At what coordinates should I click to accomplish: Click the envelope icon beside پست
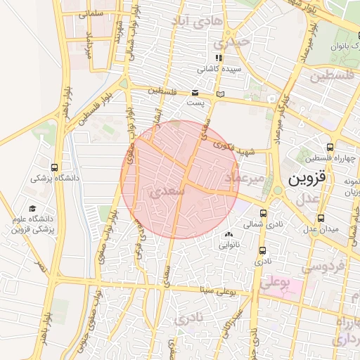coord(195,93)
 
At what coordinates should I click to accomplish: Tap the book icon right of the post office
coord(221,93)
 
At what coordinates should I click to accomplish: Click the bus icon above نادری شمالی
coord(264,213)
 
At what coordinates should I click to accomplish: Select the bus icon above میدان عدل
coord(321,218)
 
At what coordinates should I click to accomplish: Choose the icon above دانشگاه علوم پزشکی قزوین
coord(32,208)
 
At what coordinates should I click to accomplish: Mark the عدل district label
coord(307,201)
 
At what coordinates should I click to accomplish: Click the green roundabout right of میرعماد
coord(277,190)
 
